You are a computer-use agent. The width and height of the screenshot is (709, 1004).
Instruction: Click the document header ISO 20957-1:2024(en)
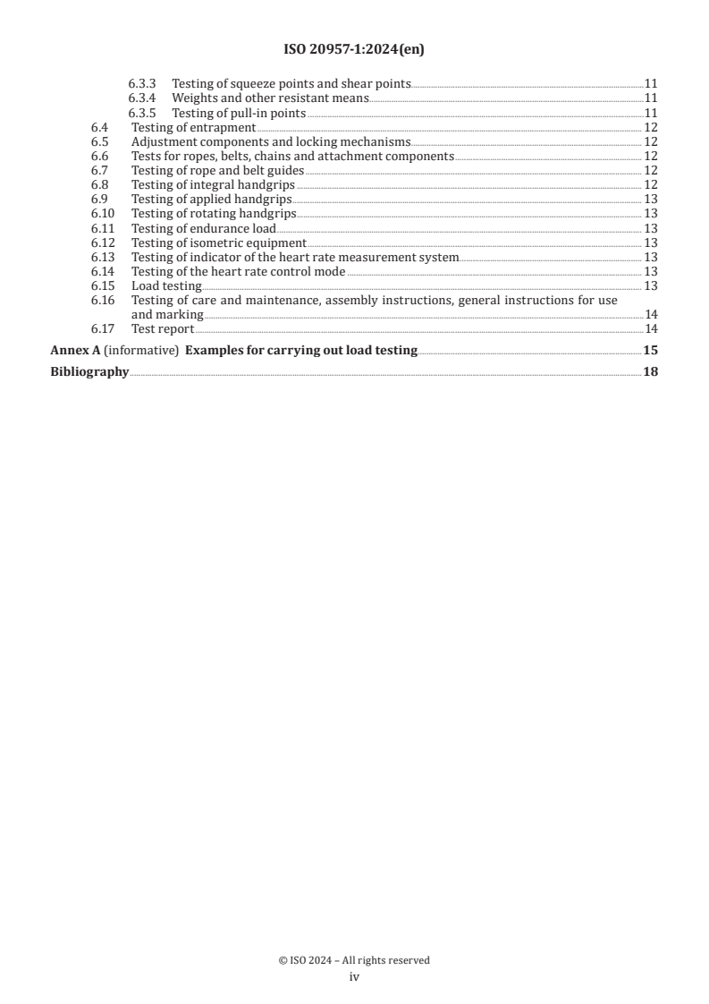click(x=354, y=50)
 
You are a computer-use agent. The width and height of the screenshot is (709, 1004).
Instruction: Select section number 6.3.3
click(x=142, y=83)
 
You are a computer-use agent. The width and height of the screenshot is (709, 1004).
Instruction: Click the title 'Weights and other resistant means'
click(x=270, y=98)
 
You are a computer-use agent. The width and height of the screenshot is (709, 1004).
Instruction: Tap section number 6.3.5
click(x=142, y=113)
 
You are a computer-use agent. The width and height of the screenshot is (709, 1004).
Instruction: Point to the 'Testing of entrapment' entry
click(x=194, y=127)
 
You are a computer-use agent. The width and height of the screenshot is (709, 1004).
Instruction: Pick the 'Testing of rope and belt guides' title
click(x=218, y=170)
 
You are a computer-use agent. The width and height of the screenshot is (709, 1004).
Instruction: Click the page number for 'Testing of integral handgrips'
click(x=651, y=184)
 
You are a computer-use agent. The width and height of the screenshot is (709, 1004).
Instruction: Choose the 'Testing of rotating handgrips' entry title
click(x=214, y=213)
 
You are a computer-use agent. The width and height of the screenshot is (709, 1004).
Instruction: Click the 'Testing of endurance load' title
click(x=204, y=227)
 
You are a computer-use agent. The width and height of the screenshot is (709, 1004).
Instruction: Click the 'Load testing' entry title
click(x=166, y=285)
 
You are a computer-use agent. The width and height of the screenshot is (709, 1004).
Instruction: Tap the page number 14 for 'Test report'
click(x=651, y=328)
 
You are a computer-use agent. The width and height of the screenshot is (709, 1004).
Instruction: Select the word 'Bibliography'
click(x=89, y=371)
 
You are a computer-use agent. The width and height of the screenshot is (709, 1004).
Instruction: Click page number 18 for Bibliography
click(x=651, y=371)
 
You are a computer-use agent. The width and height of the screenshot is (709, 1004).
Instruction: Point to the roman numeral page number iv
click(x=354, y=978)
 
